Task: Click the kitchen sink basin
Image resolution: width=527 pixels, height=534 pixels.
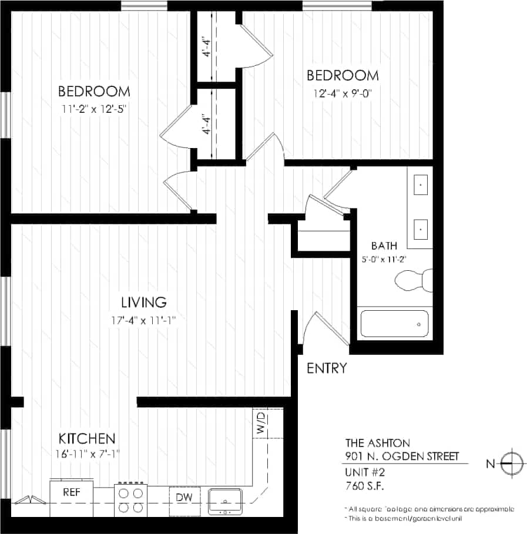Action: [x=225, y=501]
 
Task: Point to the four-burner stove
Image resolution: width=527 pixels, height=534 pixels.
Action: [x=130, y=499]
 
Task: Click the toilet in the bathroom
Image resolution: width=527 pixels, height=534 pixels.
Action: [x=413, y=280]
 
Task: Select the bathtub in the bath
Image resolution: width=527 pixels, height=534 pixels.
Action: [x=394, y=324]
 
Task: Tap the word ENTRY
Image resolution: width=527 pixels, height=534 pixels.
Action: [x=327, y=368]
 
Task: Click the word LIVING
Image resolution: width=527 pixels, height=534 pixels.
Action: [x=144, y=303]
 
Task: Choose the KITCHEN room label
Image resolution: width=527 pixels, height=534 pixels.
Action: [x=86, y=438]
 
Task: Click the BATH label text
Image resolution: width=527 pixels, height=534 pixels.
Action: [x=384, y=246]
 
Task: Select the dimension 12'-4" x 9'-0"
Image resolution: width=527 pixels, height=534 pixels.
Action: [x=343, y=92]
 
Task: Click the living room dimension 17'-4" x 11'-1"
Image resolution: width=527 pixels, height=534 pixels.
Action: [x=144, y=320]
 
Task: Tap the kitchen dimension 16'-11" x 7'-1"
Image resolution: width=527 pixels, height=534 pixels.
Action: [x=86, y=453]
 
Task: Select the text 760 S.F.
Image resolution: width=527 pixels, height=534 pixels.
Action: [x=365, y=485]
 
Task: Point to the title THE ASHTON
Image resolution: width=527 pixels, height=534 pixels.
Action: [x=377, y=443]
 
